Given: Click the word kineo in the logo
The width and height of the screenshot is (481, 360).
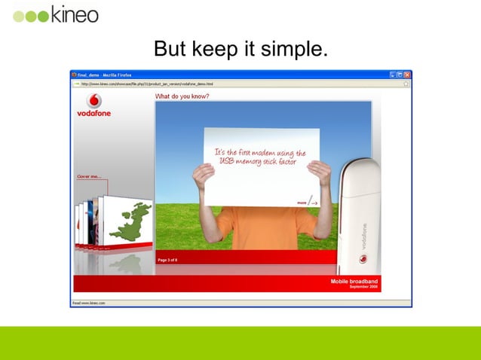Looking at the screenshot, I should tap(75, 14).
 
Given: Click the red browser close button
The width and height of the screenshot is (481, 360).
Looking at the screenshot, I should tap(407, 75).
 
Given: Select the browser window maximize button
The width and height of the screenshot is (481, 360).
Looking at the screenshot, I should tap(400, 75).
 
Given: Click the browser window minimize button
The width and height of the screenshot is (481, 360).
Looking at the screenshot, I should tap(393, 75).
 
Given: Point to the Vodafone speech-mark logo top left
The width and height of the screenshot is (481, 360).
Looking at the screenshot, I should tap(94, 101).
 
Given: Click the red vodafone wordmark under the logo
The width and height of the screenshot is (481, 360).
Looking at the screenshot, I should tap(94, 114).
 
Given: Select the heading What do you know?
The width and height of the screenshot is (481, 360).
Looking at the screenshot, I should tap(182, 96).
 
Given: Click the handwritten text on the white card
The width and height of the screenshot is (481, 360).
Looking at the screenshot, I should tap(261, 156).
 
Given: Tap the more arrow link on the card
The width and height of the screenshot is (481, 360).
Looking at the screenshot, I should tap(307, 202).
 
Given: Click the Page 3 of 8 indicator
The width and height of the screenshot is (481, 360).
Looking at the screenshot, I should tap(167, 260).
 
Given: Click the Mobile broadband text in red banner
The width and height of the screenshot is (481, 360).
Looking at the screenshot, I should tap(354, 281).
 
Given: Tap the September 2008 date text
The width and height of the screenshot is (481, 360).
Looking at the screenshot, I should tap(363, 287).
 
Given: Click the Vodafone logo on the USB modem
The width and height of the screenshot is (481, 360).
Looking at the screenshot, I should tap(363, 259).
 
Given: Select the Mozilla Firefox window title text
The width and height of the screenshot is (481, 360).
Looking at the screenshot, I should tap(114, 75).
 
